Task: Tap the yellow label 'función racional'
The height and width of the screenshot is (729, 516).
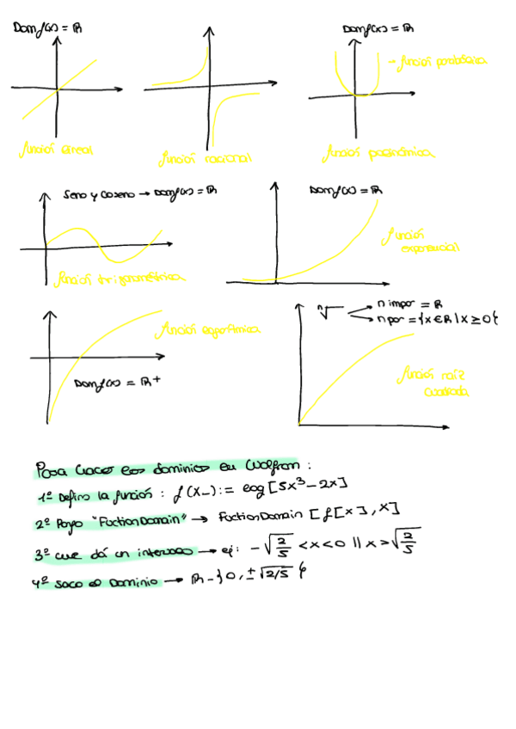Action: click(205, 159)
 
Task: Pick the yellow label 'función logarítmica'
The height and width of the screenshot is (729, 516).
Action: click(211, 329)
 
